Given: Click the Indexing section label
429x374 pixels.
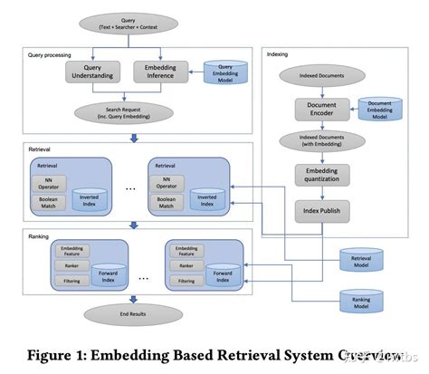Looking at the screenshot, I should click(278, 54).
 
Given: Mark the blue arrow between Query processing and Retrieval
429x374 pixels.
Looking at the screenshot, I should click(134, 138).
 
